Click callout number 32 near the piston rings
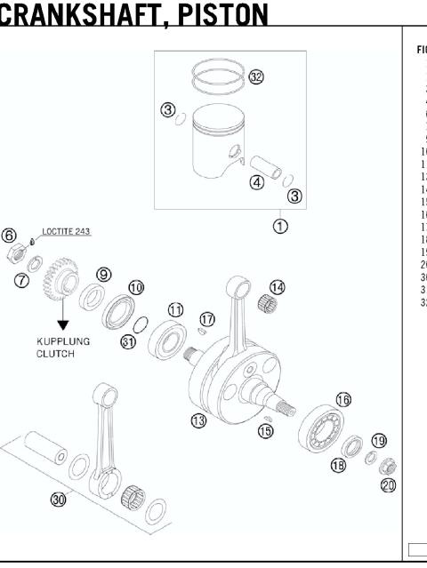(256, 77)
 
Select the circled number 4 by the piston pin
(256, 183)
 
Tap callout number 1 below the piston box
(280, 226)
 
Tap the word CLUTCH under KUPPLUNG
(57, 353)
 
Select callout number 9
(104, 274)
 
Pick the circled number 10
(135, 287)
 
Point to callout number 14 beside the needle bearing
(278, 287)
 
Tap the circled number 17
(207, 318)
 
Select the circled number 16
(342, 399)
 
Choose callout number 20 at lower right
(387, 484)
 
